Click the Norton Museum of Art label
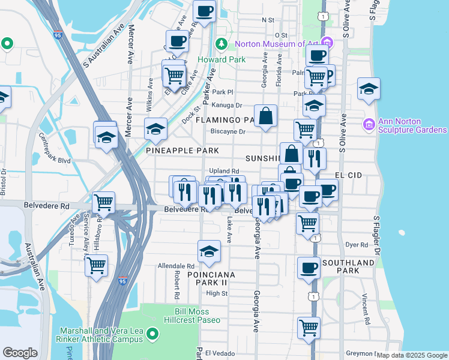(276, 44)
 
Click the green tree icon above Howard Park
(221, 44)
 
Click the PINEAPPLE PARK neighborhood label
(181, 150)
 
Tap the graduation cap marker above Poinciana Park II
(209, 251)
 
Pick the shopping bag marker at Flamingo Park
(265, 116)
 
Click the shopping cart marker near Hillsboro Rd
(103, 202)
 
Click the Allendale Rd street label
(176, 265)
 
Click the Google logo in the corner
(20, 353)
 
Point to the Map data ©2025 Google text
(412, 355)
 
